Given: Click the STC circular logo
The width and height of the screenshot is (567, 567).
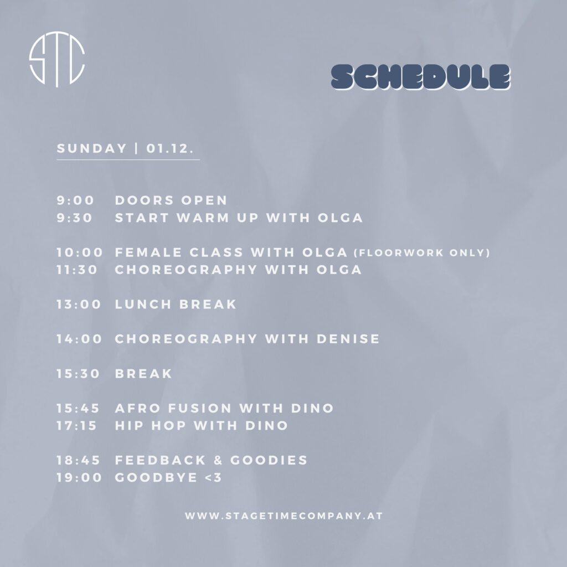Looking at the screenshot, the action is (x=57, y=59).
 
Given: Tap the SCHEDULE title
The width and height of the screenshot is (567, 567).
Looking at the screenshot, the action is (x=421, y=76).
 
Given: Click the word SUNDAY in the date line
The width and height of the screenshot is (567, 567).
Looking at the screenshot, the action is (x=92, y=148).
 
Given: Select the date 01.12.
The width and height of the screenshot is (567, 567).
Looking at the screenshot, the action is (x=169, y=148).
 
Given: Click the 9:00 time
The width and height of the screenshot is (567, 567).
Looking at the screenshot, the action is (x=75, y=200).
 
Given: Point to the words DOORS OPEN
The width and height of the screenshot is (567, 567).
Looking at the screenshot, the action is (x=171, y=200).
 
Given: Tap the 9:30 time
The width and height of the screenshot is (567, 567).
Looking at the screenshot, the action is (x=75, y=218).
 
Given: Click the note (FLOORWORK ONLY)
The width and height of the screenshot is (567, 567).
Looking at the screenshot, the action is (x=421, y=252).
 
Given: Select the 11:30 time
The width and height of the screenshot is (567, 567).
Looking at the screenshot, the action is (x=77, y=270).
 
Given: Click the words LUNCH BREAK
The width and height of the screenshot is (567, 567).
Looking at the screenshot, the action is (x=176, y=305).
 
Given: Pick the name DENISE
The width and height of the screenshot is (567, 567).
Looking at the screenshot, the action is (x=348, y=339).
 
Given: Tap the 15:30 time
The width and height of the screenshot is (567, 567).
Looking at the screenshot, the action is (x=78, y=374).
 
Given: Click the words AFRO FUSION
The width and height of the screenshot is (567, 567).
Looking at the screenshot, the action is (x=173, y=408).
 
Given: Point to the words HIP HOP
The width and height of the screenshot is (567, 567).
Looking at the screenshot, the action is (x=151, y=426).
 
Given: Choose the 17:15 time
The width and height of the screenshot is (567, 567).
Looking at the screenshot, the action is (x=76, y=426).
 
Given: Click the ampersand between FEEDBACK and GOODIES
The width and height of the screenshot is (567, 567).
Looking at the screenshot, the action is (x=218, y=460).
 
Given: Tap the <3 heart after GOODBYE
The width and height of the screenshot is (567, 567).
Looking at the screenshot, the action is (x=213, y=478).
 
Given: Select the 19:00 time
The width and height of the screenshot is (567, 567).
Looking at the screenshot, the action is (x=79, y=478).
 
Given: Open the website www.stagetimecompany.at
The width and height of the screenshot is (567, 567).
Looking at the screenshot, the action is (x=284, y=516).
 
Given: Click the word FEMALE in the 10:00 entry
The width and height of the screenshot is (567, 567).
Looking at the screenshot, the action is (x=148, y=252).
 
